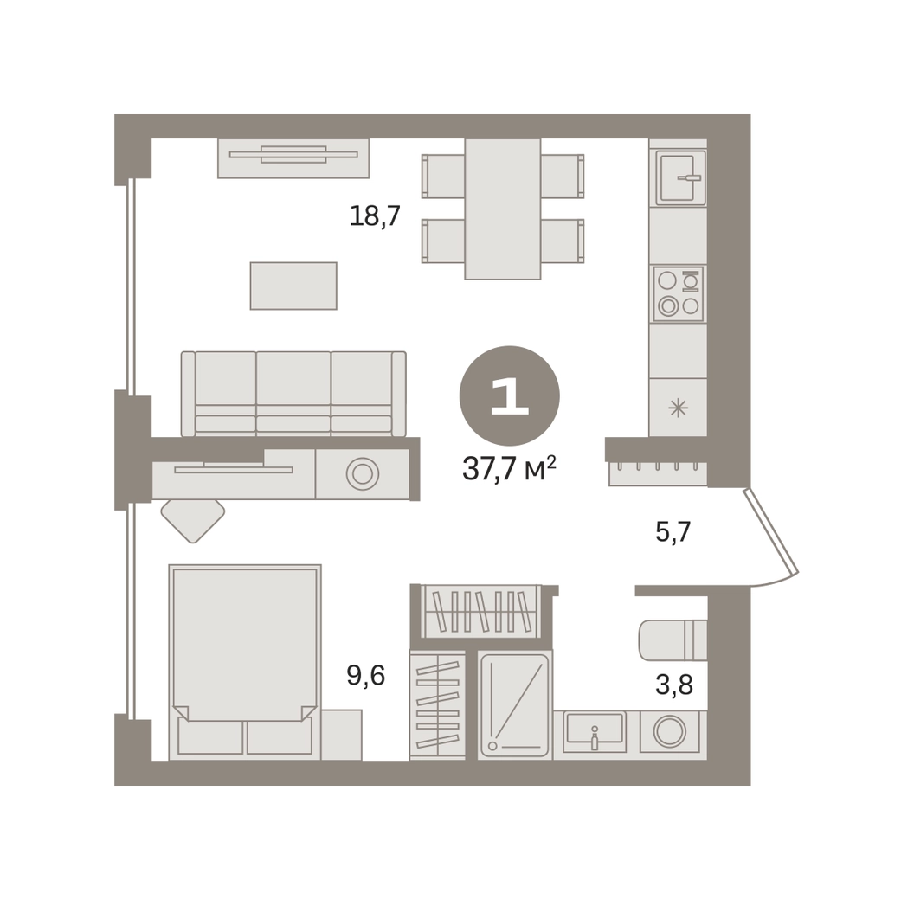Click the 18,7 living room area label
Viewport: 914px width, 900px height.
click(375, 215)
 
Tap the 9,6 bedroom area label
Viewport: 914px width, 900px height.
click(365, 676)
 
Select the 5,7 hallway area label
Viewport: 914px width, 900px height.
click(673, 531)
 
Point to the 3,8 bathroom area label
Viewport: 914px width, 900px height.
click(674, 685)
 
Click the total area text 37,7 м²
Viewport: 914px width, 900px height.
click(509, 468)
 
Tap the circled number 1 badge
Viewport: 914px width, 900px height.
click(510, 395)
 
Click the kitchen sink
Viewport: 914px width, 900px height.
click(680, 177)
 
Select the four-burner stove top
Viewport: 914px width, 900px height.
click(679, 293)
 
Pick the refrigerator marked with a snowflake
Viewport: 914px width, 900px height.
click(678, 407)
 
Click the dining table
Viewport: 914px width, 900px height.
click(503, 209)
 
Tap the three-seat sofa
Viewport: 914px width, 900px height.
click(293, 394)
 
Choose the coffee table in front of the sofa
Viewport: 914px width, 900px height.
click(293, 286)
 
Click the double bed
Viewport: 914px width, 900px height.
click(245, 662)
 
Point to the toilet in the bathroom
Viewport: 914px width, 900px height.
click(673, 640)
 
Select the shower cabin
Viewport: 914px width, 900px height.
click(515, 704)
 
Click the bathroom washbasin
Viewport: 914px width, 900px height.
click(594, 731)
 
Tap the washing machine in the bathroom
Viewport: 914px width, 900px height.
click(670, 731)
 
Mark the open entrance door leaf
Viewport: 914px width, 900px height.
click(770, 531)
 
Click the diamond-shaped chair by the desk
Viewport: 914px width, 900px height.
click(193, 521)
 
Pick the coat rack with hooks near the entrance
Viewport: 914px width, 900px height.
click(658, 473)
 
